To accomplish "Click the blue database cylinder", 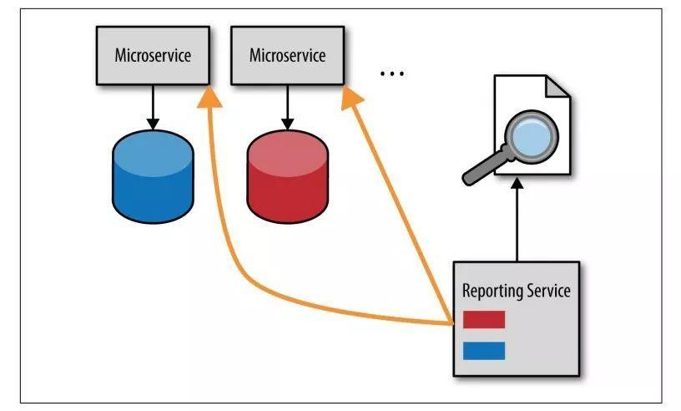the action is (153, 176).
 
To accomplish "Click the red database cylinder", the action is (288, 176).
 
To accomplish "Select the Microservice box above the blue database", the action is (153, 55).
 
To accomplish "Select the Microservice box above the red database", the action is (288, 55).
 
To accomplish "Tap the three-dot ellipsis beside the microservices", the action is (392, 74).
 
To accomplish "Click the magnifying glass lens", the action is (532, 135).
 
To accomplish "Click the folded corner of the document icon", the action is (557, 86).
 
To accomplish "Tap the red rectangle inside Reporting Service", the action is (484, 319).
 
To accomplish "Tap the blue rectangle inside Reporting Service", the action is (484, 351).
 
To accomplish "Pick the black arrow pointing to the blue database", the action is (153, 107).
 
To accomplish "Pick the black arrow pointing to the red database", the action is (288, 107).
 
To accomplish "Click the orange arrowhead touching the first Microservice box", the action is (209, 97).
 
